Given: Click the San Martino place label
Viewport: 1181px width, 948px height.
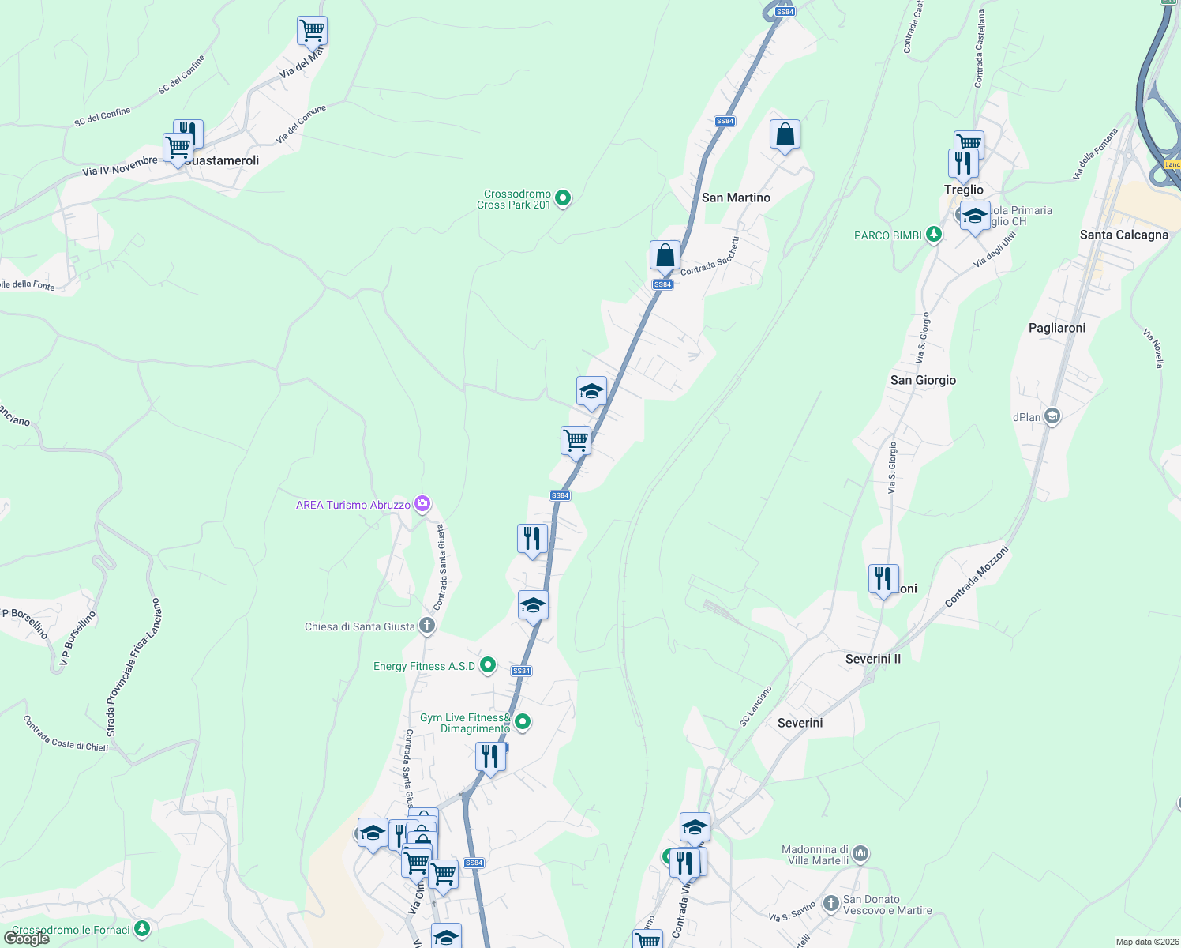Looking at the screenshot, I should click(736, 197).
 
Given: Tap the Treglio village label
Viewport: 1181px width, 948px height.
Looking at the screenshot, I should click(964, 190).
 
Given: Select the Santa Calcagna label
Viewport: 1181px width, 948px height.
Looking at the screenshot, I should click(1123, 235).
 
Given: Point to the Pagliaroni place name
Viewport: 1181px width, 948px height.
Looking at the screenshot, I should click(1057, 328).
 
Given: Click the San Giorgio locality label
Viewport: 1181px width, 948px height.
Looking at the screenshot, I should click(923, 380).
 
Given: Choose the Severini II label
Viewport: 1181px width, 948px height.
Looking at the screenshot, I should click(872, 659).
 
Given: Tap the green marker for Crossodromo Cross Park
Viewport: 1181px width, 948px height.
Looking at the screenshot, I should click(563, 197).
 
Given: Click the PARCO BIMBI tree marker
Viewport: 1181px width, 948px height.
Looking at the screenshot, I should click(934, 235).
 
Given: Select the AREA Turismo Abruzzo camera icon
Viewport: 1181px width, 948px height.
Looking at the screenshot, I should click(422, 504).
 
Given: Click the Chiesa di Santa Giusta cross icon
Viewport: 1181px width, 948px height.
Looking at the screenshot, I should click(427, 626).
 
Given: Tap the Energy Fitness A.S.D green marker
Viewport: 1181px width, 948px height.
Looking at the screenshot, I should click(488, 666).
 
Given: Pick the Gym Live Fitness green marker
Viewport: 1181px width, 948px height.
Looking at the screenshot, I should click(522, 721).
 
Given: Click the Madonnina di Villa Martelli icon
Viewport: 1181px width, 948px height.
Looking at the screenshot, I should click(860, 853).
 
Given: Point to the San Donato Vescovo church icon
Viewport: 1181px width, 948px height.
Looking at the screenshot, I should click(830, 902).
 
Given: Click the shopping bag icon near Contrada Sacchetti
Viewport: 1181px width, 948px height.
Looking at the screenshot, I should click(665, 256).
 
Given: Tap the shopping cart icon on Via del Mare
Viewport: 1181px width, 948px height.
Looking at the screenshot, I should click(312, 32).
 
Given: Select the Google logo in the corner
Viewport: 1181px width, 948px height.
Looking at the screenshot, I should click(26, 939).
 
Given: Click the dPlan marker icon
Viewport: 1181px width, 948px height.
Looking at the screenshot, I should click(1052, 416).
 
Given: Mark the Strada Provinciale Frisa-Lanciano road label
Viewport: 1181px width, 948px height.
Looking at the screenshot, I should click(133, 668).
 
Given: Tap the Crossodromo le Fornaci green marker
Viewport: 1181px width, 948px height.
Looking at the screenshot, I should click(142, 928).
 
